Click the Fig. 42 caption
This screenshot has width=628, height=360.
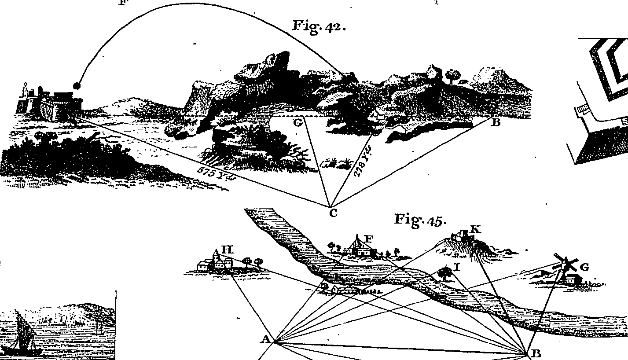(320, 27)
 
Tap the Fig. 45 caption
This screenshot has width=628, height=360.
(420, 220)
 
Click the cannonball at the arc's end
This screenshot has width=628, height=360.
(77, 86)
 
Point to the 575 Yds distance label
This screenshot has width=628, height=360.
(216, 174)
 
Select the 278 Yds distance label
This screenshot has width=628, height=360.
(363, 162)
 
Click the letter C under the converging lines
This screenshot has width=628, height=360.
(333, 213)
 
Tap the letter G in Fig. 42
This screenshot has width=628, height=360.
(298, 122)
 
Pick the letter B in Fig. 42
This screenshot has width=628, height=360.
(496, 122)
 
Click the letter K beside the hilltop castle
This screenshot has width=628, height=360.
(475, 230)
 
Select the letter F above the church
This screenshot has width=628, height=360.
(369, 239)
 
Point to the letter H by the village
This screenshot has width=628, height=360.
(228, 250)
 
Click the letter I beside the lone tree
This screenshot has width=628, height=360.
(457, 267)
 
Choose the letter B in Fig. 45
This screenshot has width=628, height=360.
(536, 353)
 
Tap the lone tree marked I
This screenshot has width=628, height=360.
(445, 274)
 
